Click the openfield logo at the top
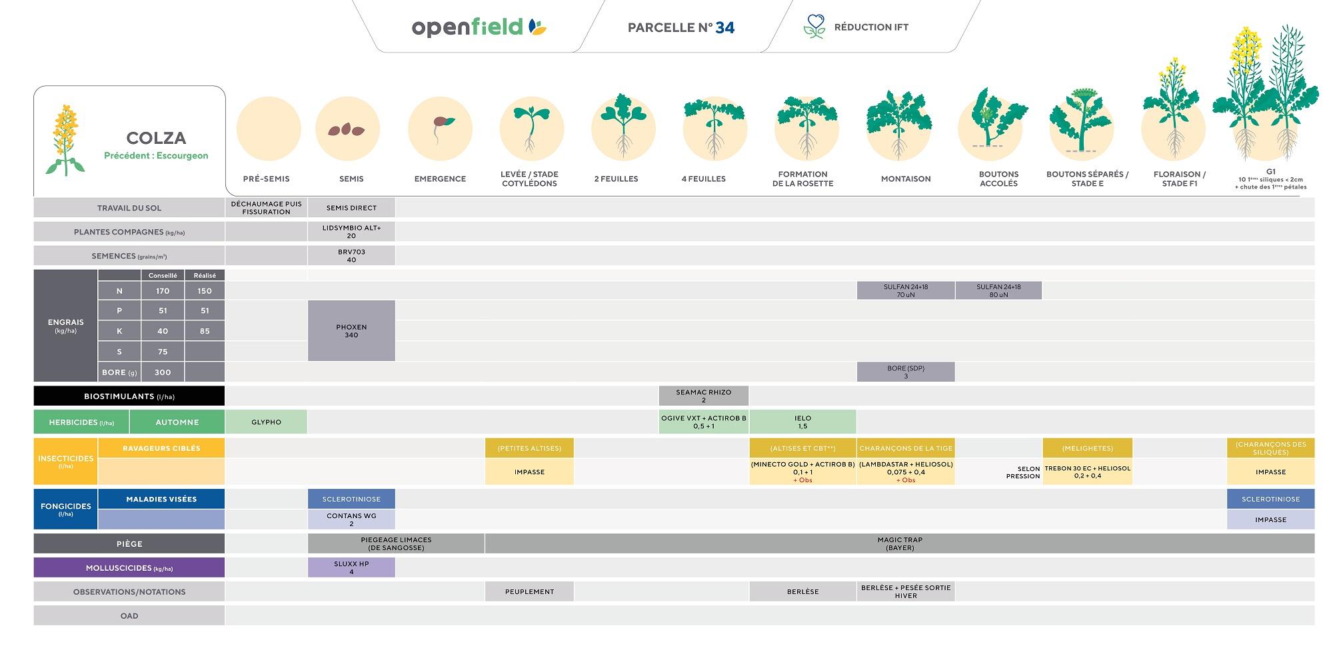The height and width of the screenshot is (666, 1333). (x=479, y=27)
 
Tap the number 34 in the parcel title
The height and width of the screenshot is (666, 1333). (x=724, y=27)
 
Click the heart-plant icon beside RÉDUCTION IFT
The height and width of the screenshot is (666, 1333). (x=814, y=27)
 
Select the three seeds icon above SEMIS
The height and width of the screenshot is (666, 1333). (x=347, y=130)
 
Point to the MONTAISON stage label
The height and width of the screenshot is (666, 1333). (x=905, y=178)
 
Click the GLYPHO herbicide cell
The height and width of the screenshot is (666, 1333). (x=266, y=422)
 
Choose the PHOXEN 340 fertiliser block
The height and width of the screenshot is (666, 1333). (x=351, y=331)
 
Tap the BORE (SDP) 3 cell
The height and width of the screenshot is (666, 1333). (x=905, y=372)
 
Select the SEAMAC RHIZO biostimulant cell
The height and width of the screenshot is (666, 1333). (x=703, y=396)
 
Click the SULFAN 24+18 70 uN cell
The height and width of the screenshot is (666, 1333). (x=905, y=290)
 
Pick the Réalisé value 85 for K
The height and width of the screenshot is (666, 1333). (x=205, y=331)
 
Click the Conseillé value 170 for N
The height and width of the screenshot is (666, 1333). (x=163, y=291)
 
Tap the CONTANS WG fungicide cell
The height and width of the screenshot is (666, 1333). (x=351, y=519)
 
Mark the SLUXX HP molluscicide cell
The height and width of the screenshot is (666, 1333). (x=351, y=567)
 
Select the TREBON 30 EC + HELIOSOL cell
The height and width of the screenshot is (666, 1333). (x=1087, y=472)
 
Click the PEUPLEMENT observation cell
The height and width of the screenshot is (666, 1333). (x=529, y=591)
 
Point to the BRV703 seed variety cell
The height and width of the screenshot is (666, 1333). (x=351, y=256)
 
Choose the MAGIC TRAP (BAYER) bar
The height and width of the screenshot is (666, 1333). (x=899, y=543)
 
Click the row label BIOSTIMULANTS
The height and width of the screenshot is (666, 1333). (x=129, y=396)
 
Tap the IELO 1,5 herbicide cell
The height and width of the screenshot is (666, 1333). (x=802, y=422)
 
